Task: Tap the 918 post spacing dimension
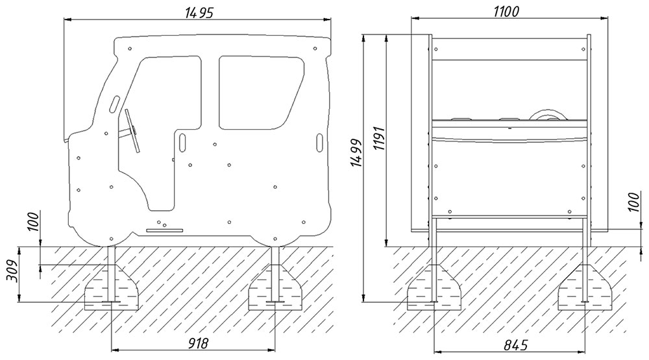tap(193, 342)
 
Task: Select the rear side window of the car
tap(262, 92)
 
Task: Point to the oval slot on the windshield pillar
tap(114, 103)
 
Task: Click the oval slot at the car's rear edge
tap(319, 141)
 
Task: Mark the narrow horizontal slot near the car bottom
tap(165, 230)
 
